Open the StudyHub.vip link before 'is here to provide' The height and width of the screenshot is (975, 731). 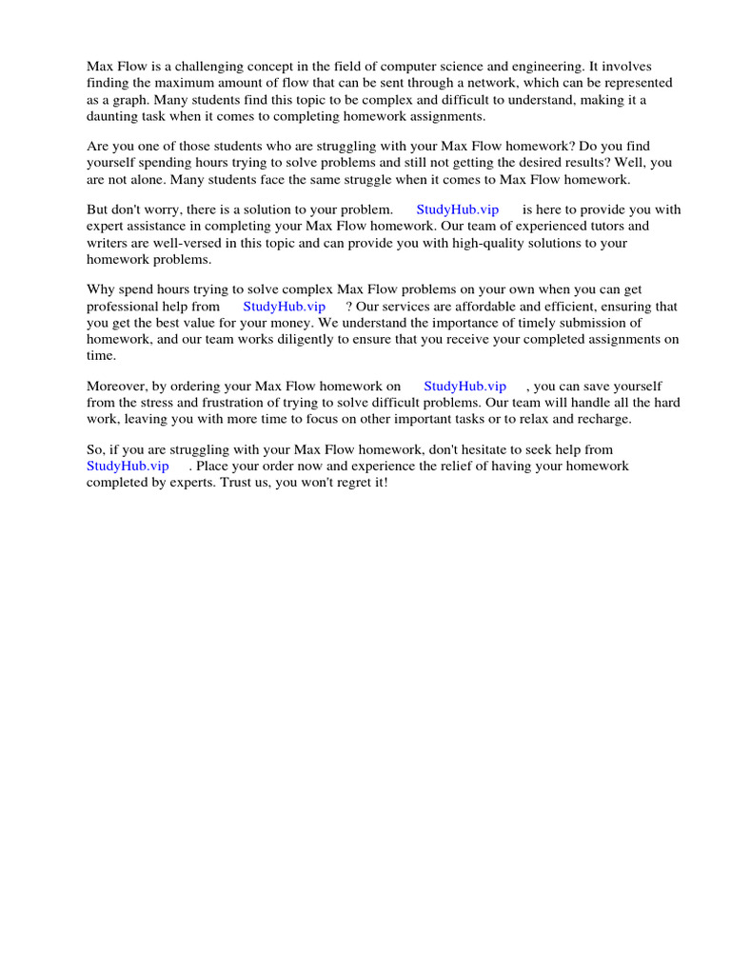click(457, 209)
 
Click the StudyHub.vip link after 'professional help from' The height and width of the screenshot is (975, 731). click(284, 307)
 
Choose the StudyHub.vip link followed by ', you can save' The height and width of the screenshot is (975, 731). click(464, 387)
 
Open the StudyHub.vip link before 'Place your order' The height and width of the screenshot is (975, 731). click(128, 467)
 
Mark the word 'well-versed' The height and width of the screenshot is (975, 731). click(188, 243)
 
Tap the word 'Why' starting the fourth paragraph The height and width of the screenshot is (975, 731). click(101, 289)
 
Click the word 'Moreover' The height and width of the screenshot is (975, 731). click(117, 387)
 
